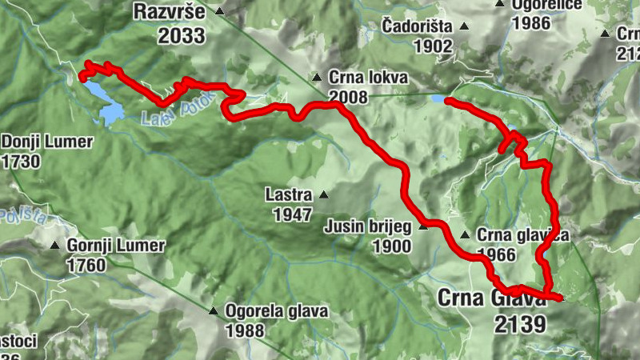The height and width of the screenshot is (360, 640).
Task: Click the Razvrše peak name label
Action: click(x=170, y=14)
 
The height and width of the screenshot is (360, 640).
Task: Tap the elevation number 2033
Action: click(x=182, y=35)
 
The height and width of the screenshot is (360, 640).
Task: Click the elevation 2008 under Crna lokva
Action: click(x=347, y=98)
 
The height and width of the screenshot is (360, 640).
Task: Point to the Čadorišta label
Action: click(x=416, y=26)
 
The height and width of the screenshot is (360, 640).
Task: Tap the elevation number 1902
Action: click(x=434, y=46)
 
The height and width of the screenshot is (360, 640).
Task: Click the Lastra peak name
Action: click(x=290, y=194)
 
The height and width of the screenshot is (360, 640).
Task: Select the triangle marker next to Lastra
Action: click(x=323, y=194)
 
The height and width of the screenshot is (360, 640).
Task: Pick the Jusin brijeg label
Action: click(x=367, y=227)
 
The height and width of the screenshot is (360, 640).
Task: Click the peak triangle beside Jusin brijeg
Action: click(x=423, y=227)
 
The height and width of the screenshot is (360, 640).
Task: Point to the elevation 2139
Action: click(x=519, y=324)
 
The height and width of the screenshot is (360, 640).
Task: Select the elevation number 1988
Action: click(x=254, y=330)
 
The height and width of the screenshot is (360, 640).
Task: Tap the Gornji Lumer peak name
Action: click(x=116, y=245)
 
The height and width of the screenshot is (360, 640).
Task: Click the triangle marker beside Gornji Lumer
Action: click(x=55, y=245)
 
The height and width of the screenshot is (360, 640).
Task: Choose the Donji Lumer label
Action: click(x=47, y=142)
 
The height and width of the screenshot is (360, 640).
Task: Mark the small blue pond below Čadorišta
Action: click(x=437, y=99)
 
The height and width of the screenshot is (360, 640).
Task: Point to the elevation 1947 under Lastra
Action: click(x=292, y=214)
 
